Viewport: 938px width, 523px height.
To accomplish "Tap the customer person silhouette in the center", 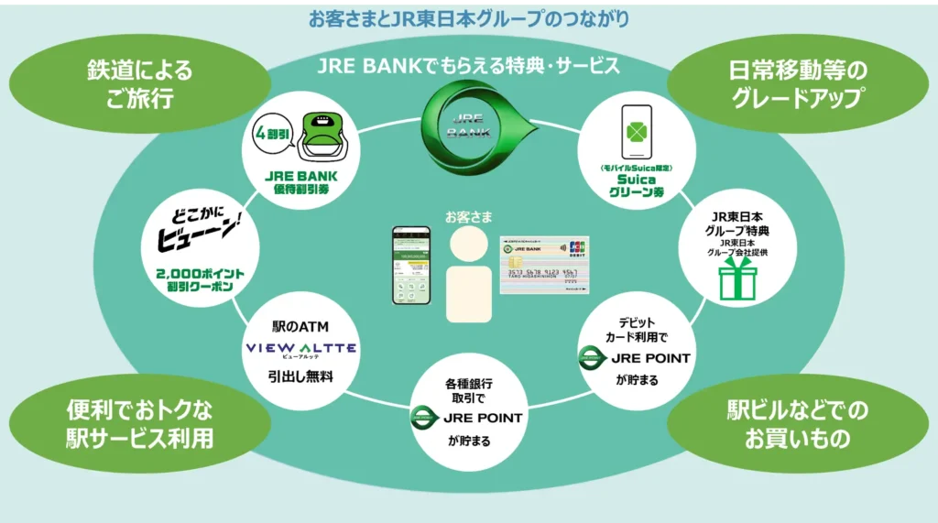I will click(x=469, y=275).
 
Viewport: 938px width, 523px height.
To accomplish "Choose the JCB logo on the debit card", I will click(x=577, y=247).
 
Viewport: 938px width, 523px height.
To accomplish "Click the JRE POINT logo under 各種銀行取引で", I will click(x=468, y=418).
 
